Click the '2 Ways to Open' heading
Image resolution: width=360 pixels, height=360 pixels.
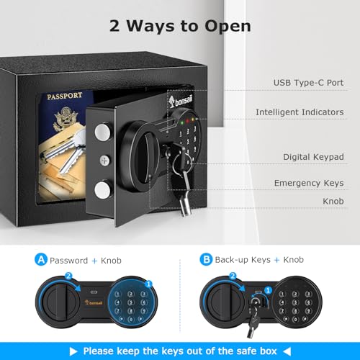click(180, 26)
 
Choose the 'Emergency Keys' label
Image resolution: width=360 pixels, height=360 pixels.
click(308, 184)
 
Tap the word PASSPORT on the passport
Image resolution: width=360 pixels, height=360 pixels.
click(65, 96)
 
